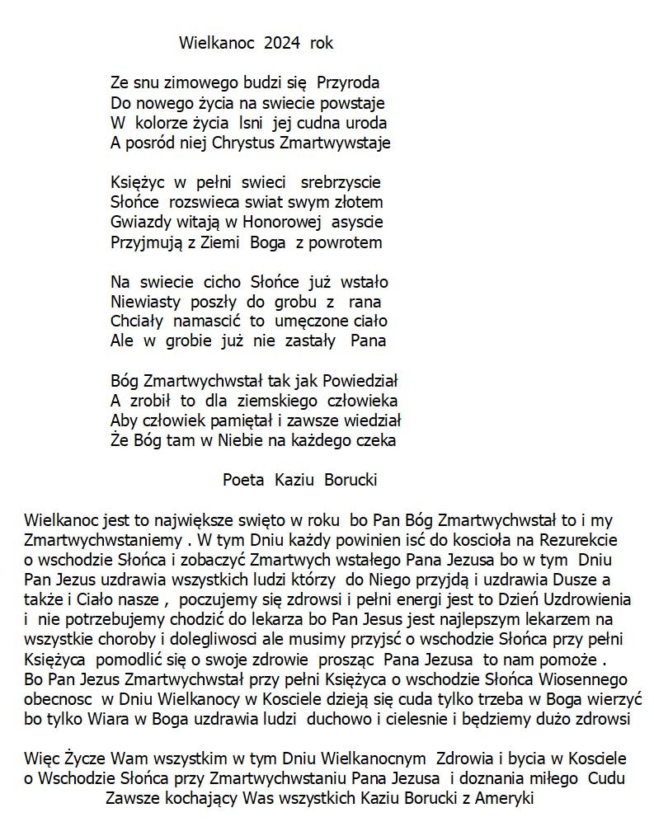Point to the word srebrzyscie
point(341,181)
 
